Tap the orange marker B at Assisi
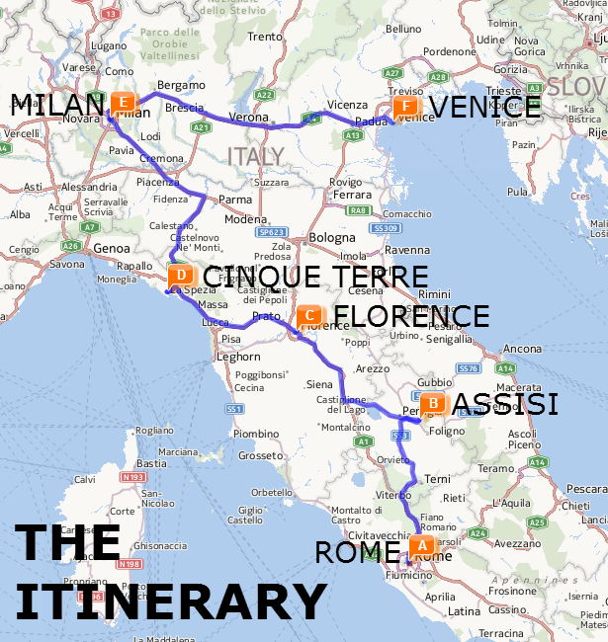[432, 403]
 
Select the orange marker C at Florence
[309, 316]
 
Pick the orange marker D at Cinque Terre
[181, 276]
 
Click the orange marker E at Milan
[122, 102]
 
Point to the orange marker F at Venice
[404, 107]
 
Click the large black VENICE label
[485, 107]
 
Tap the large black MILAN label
[55, 103]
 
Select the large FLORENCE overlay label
[411, 316]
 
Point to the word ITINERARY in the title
[170, 601]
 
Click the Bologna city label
[331, 238]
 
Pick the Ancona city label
[522, 349]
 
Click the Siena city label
[319, 383]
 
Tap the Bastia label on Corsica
[150, 462]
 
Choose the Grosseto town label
[261, 455]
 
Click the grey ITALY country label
[255, 156]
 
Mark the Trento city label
[264, 37]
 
